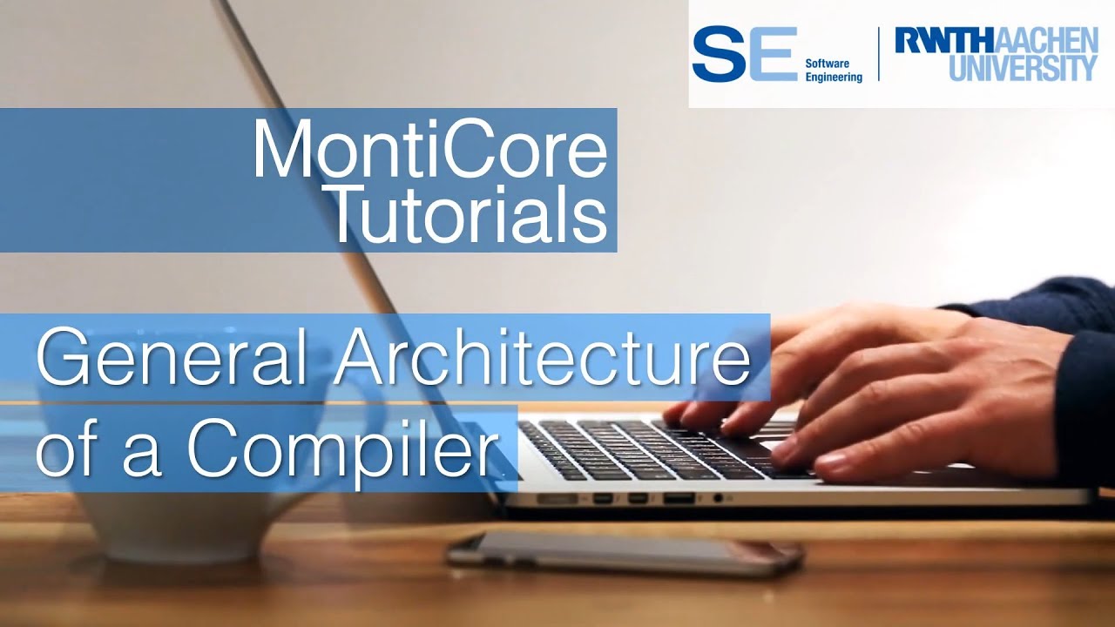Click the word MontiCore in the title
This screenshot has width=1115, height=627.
point(429,151)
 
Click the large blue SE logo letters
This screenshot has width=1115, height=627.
point(745,53)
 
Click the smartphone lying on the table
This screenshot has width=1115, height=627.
point(624,552)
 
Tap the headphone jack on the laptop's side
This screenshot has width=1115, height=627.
point(719,498)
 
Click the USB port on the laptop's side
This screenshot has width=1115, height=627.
point(679,499)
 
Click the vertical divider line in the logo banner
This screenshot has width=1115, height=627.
point(878,54)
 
